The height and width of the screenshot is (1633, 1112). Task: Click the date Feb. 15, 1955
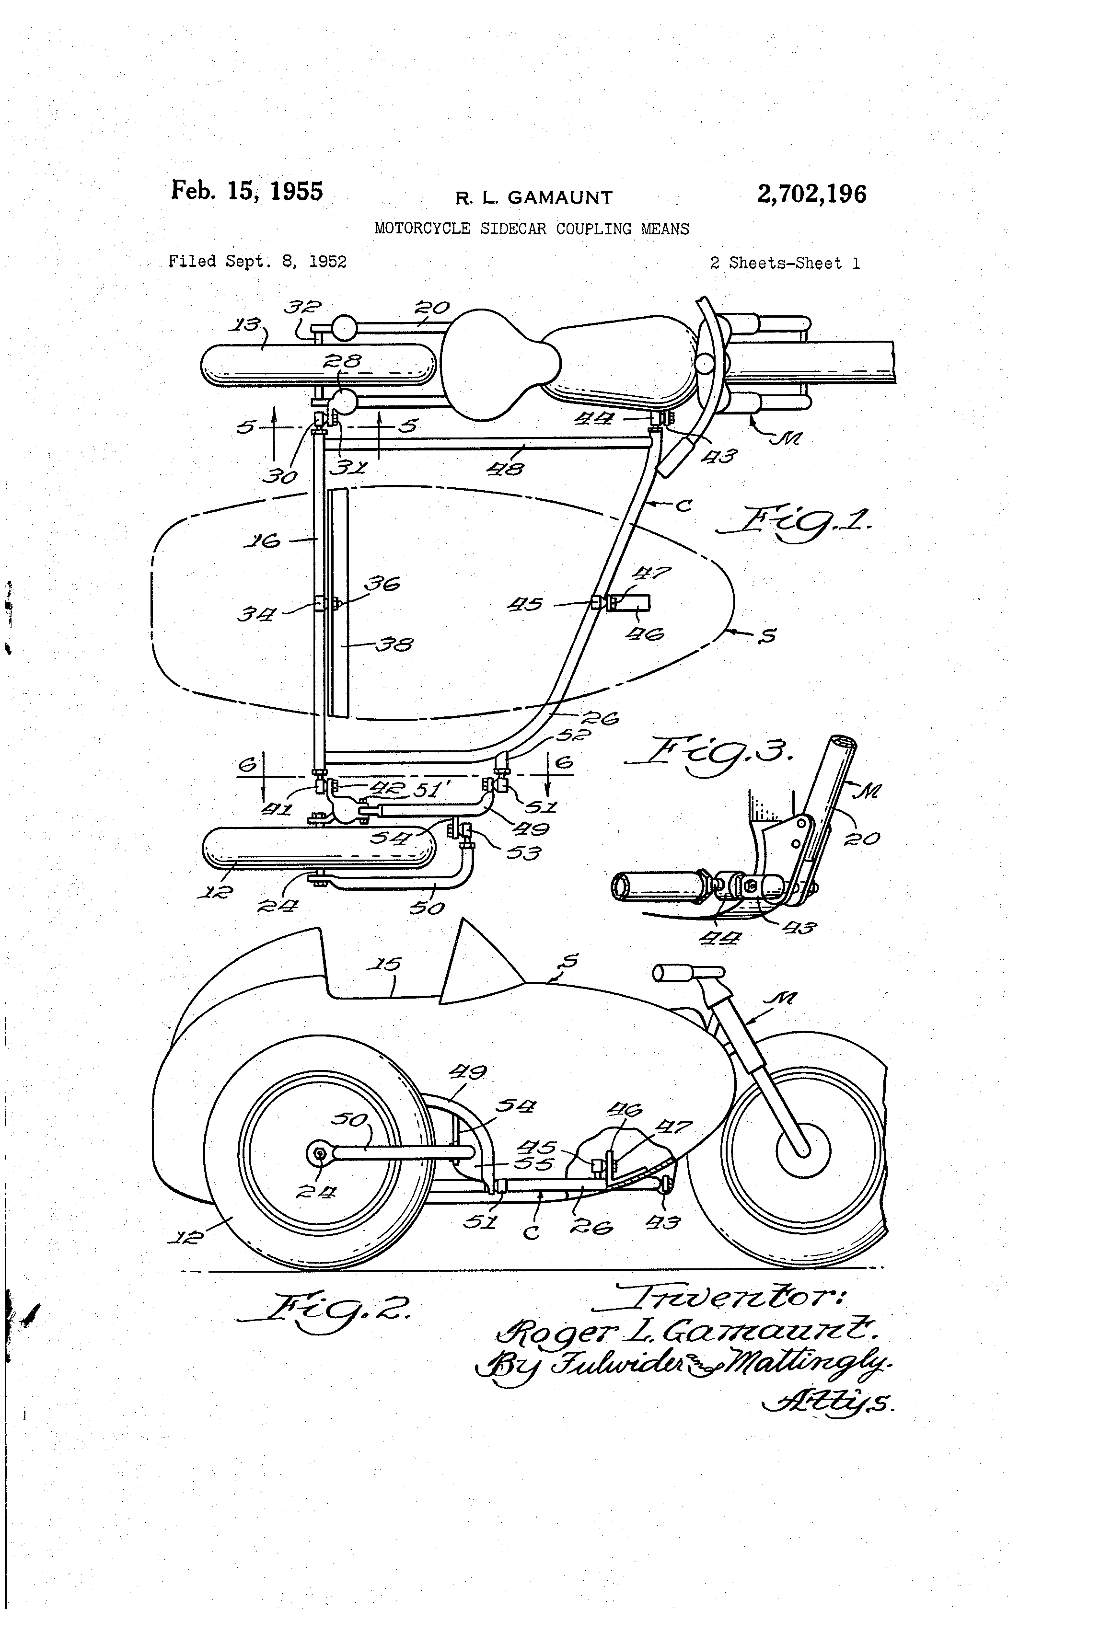(247, 192)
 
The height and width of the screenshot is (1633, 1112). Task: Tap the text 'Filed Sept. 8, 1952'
(257, 262)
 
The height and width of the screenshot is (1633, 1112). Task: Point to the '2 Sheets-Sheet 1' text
(785, 264)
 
